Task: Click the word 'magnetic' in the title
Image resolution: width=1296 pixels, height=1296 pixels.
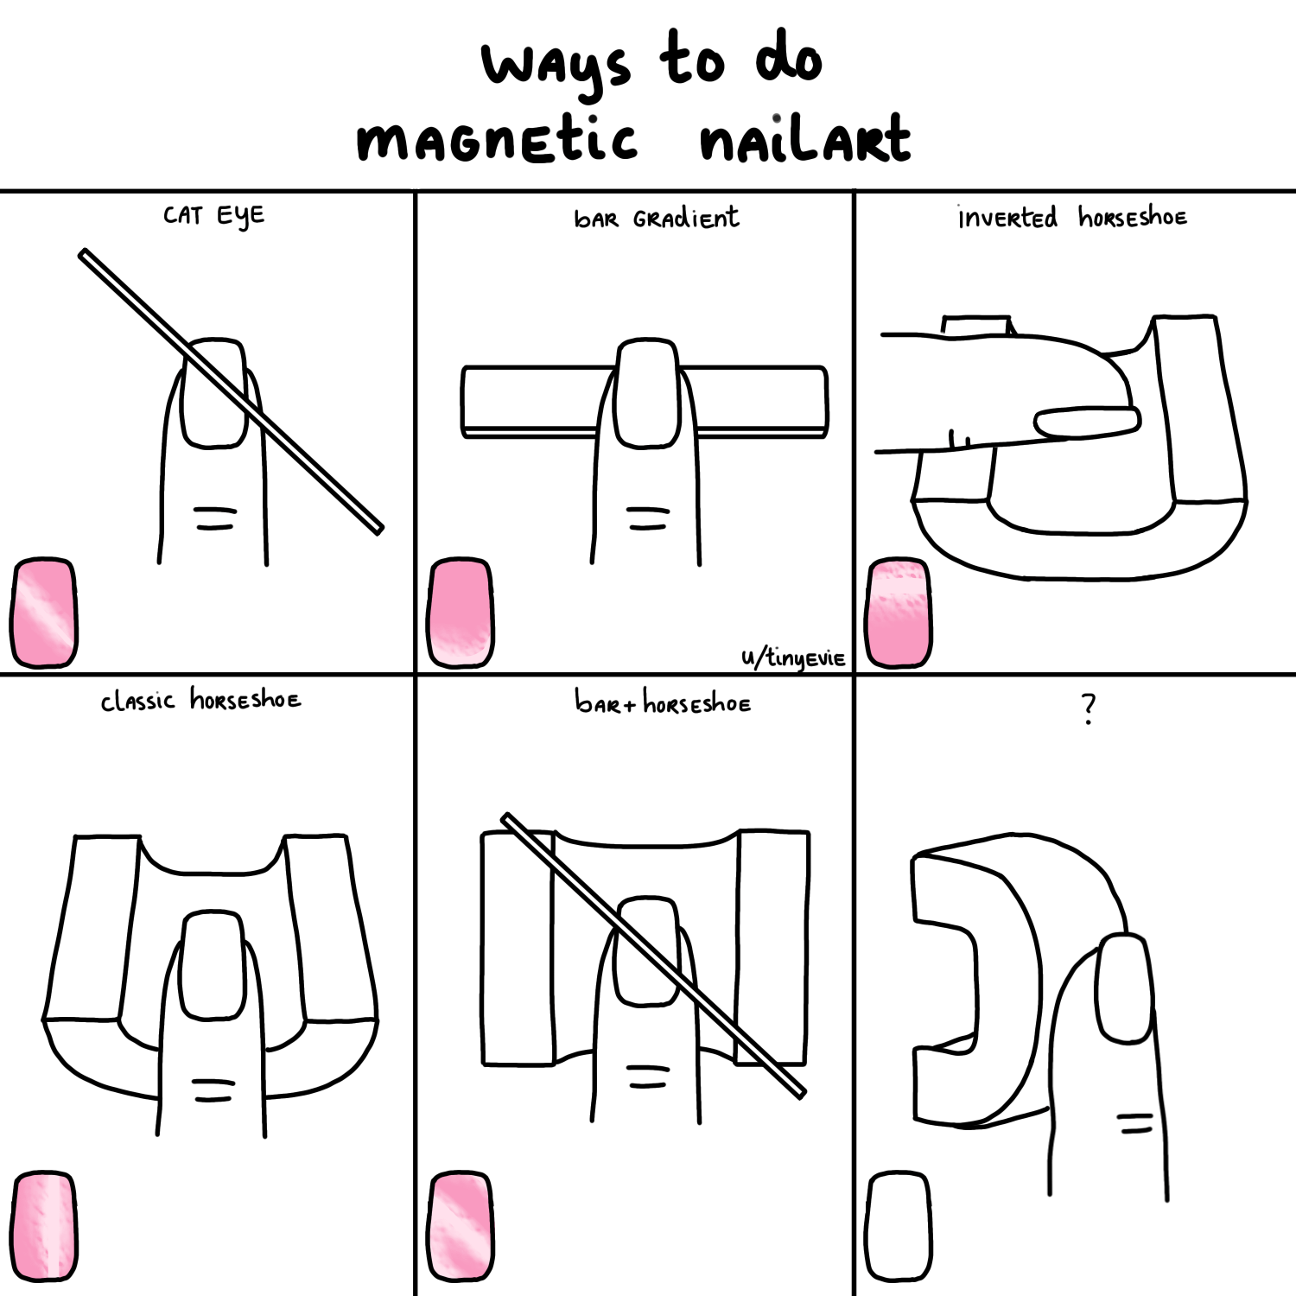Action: tap(497, 140)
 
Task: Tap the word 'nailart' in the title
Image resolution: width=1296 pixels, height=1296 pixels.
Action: tap(805, 138)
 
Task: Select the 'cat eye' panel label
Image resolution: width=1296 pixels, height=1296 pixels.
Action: tap(213, 216)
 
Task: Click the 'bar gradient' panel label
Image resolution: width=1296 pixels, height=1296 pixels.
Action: tap(657, 218)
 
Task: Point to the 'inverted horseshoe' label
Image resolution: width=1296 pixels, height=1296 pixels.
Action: tap(1072, 217)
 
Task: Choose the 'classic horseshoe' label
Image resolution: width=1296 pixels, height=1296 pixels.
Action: tap(200, 699)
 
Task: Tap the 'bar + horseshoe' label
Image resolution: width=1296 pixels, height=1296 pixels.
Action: tap(663, 702)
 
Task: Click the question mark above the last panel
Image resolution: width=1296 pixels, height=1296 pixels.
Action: tap(1089, 708)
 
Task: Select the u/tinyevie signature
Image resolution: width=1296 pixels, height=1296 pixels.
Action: tap(793, 658)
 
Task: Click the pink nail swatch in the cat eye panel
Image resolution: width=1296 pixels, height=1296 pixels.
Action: tap(43, 613)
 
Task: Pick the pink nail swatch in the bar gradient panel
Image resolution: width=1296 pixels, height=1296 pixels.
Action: tap(461, 613)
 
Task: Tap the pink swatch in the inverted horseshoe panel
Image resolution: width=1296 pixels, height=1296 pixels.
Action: tap(899, 613)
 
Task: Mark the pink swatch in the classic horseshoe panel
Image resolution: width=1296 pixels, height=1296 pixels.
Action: tap(43, 1226)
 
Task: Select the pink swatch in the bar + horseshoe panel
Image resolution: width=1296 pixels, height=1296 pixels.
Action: tap(461, 1226)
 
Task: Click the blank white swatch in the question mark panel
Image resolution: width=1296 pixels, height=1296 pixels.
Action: tap(899, 1226)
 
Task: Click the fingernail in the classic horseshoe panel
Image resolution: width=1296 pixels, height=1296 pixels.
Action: tap(214, 964)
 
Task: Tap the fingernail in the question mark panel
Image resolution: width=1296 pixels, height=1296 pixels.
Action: tap(1124, 988)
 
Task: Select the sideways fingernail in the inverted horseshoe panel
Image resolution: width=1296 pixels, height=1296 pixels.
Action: tap(1088, 422)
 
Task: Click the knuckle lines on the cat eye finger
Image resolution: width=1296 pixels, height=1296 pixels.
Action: tap(215, 518)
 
